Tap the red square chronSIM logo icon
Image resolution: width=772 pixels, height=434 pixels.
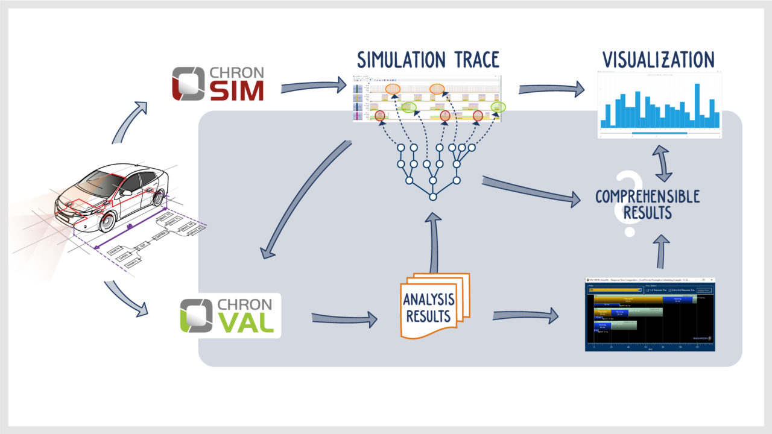188,84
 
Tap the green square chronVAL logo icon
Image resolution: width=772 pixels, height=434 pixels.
195,315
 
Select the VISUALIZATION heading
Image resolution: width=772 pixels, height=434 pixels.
658,60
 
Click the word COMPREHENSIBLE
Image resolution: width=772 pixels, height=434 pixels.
647,197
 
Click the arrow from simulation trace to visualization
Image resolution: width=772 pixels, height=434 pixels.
551,89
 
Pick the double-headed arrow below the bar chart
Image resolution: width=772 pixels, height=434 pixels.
663,163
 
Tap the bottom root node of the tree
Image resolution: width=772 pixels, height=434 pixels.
432,197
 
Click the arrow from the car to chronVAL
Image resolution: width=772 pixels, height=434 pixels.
126,298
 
